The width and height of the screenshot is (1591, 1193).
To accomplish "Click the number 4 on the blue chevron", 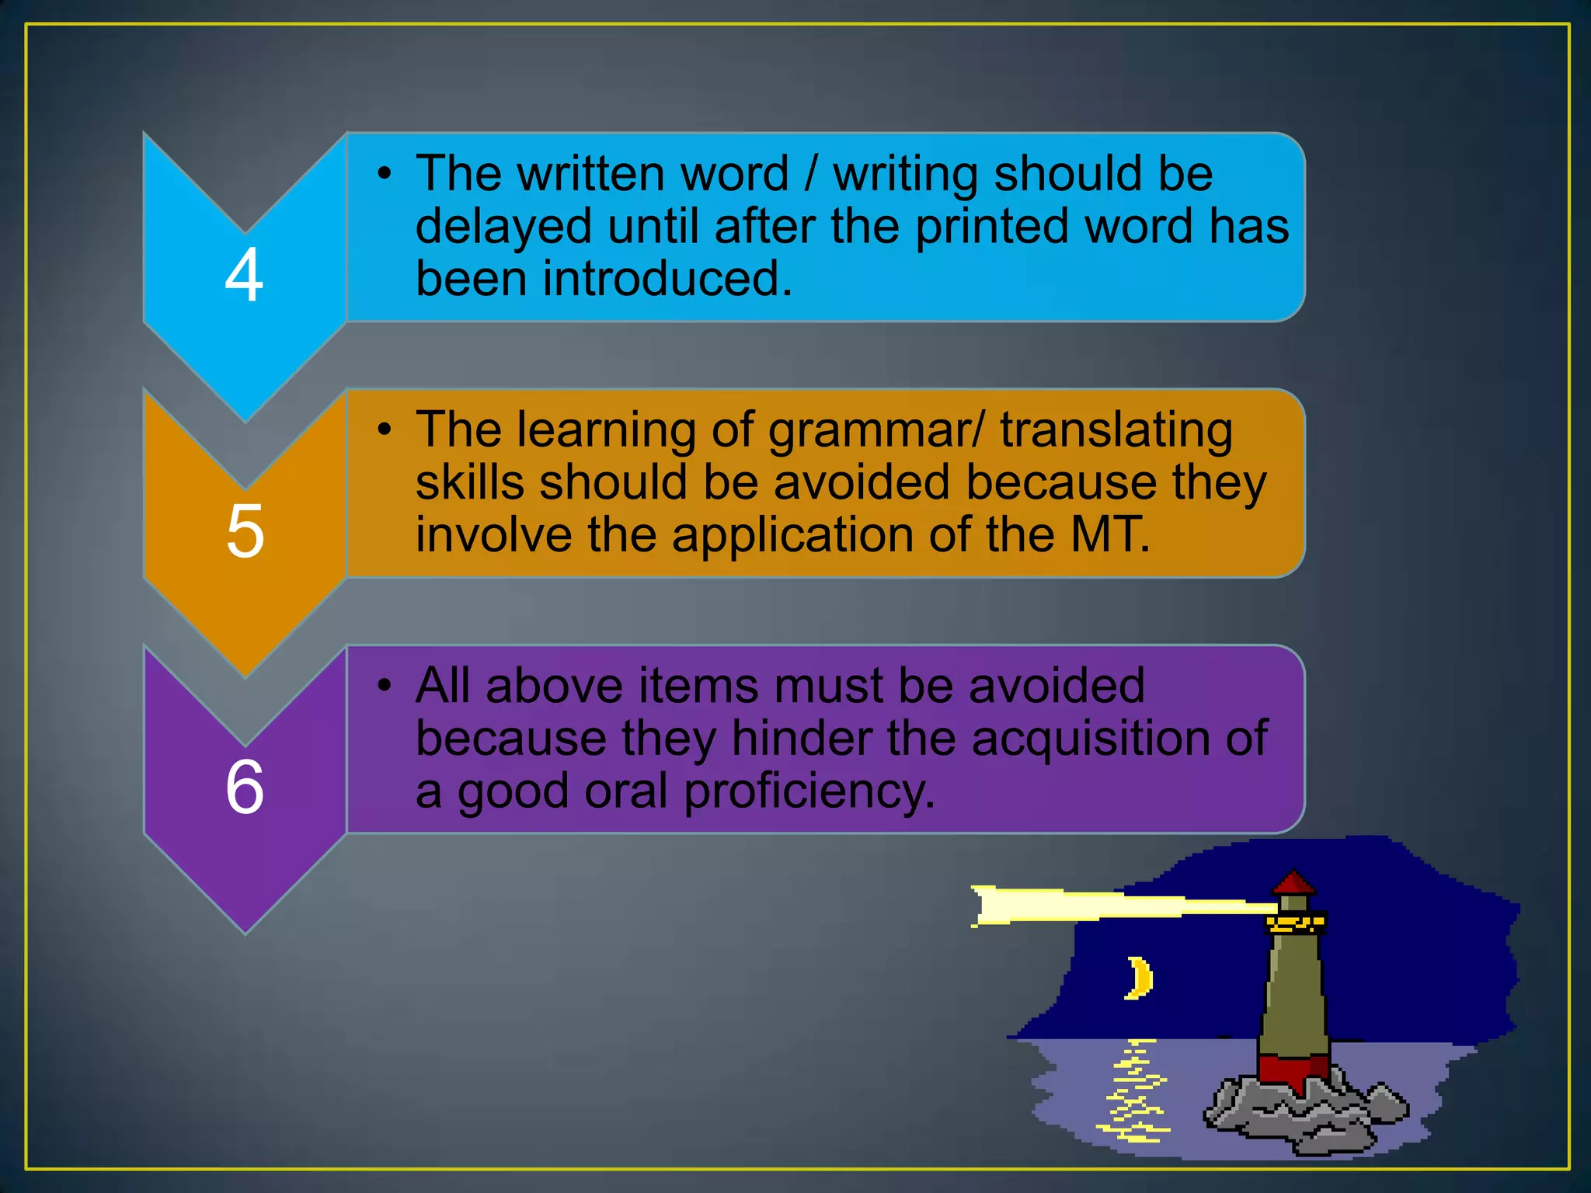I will [244, 275].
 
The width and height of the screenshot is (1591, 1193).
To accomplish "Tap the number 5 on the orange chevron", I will [245, 531].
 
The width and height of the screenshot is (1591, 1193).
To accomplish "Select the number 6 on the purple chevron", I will [245, 787].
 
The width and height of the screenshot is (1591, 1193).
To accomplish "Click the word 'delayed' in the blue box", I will [504, 227].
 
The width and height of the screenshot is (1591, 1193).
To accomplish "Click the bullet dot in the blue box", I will [384, 174].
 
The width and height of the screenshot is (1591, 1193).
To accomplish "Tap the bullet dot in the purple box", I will [384, 686].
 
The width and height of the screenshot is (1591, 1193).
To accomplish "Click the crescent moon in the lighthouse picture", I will [1140, 978].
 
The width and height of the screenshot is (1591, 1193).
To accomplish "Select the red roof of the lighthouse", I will [1293, 883].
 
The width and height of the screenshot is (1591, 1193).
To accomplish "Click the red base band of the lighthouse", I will [1293, 1070].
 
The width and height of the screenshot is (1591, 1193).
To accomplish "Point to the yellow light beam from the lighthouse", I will [1103, 906].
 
